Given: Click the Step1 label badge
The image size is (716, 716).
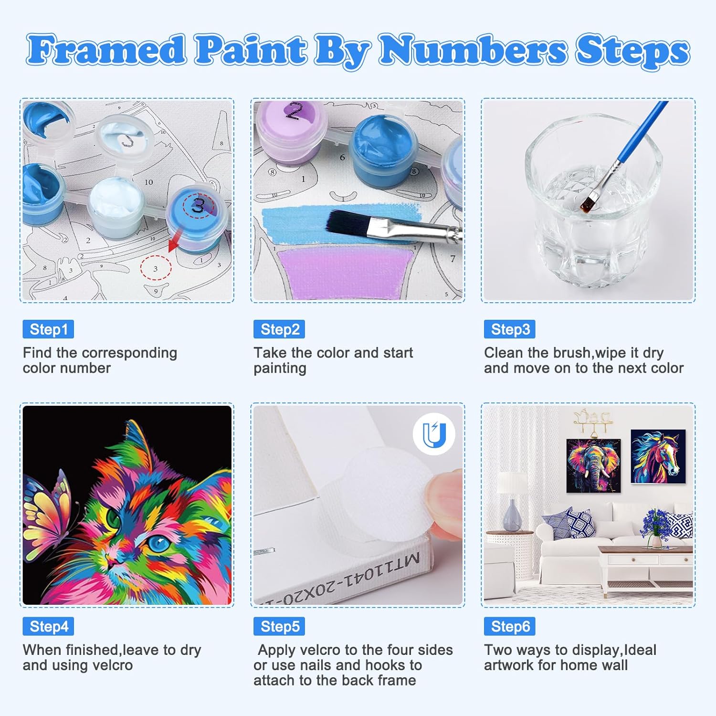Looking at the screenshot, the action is click(x=48, y=329).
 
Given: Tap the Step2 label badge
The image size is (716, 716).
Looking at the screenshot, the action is click(x=279, y=329).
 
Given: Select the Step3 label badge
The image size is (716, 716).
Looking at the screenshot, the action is click(x=510, y=329).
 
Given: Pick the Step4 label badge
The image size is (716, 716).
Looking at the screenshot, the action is click(x=48, y=626).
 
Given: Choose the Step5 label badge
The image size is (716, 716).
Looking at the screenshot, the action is click(x=279, y=626).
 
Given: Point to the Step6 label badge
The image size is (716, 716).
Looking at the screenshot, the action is click(x=510, y=626).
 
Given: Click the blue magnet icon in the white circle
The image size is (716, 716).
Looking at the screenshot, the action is click(x=434, y=434).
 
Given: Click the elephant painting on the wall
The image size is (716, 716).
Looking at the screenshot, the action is click(x=593, y=466).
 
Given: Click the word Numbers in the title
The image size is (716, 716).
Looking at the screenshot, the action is click(x=473, y=50).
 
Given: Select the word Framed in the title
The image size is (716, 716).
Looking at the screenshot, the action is click(x=106, y=50).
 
